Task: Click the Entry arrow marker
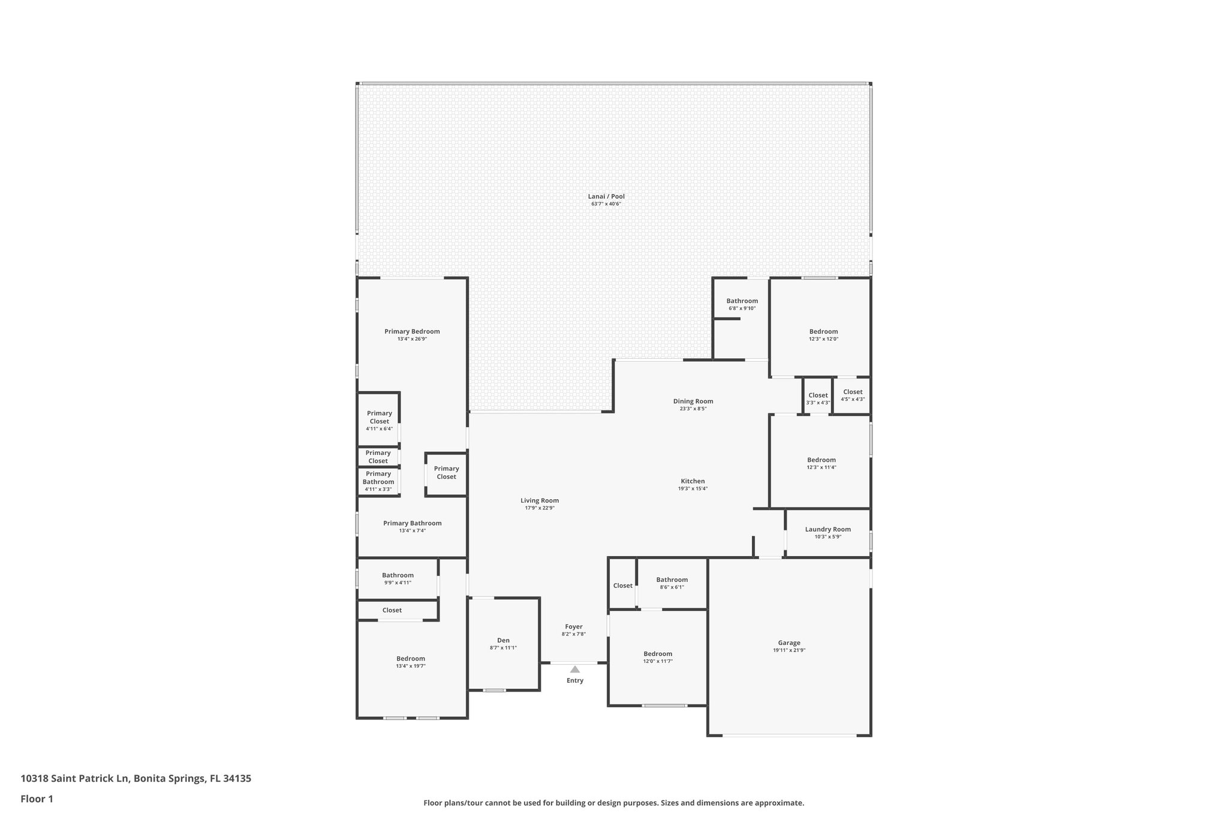[574, 669]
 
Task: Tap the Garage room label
[789, 643]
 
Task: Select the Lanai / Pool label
[606, 196]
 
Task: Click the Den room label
[503, 640]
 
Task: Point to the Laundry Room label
[827, 529]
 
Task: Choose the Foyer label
[573, 626]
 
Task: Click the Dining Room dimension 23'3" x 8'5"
[693, 409]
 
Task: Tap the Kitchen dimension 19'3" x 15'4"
[693, 488]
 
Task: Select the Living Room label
[540, 500]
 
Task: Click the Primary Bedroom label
[412, 331]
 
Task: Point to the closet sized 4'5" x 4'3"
[852, 395]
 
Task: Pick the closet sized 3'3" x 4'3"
[818, 398]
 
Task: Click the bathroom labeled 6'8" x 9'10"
[742, 304]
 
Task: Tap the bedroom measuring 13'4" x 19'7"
[411, 662]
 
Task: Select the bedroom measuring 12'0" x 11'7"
[658, 657]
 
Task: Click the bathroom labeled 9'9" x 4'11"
[398, 578]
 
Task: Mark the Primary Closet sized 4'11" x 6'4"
[379, 420]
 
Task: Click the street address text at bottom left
[136, 778]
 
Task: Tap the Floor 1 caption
[37, 799]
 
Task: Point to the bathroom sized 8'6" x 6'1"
[672, 583]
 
